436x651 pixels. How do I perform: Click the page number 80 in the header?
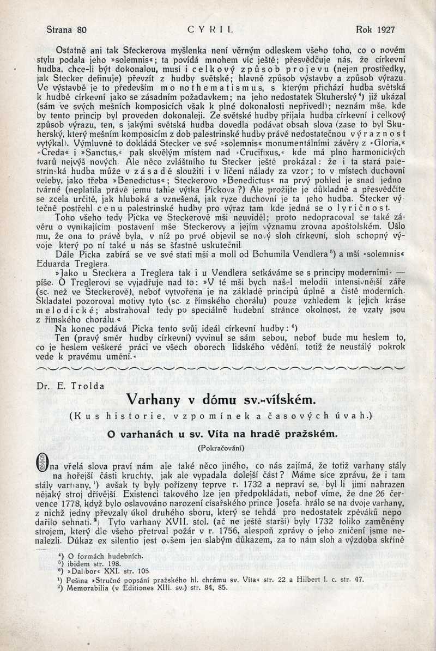point(81,30)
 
